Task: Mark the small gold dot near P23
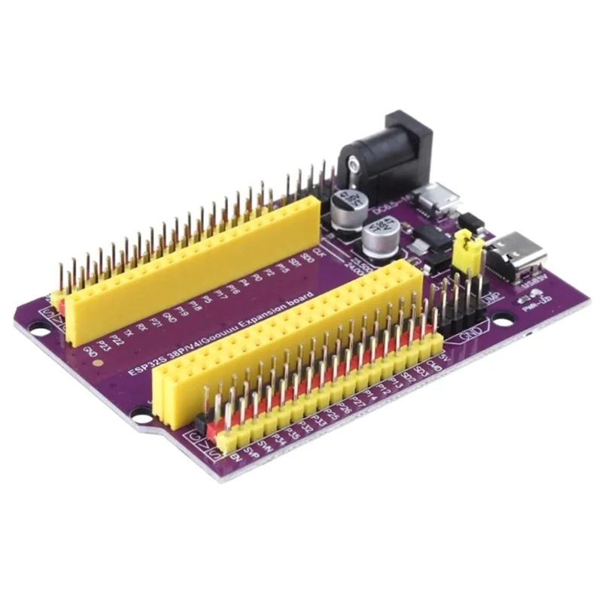pyautogui.click(x=99, y=363)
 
